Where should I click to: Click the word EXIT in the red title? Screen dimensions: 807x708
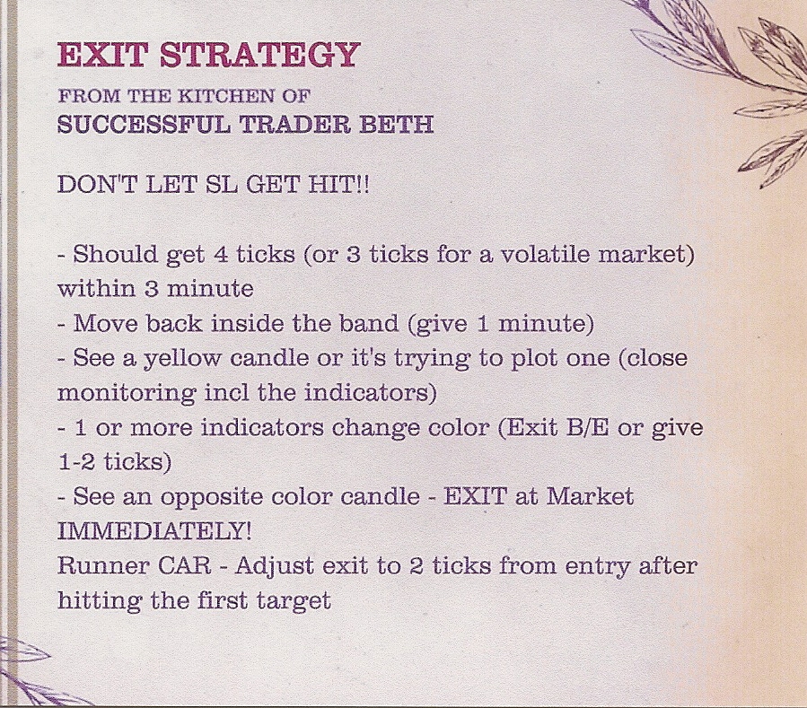[x=103, y=55]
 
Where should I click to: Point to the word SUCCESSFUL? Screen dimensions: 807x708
[x=145, y=124]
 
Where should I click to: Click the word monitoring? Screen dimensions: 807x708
[x=127, y=394]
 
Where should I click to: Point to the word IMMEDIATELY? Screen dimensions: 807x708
[x=154, y=531]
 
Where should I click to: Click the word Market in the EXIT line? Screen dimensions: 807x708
[x=590, y=496]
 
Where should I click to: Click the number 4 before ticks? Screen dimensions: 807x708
[x=220, y=254]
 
